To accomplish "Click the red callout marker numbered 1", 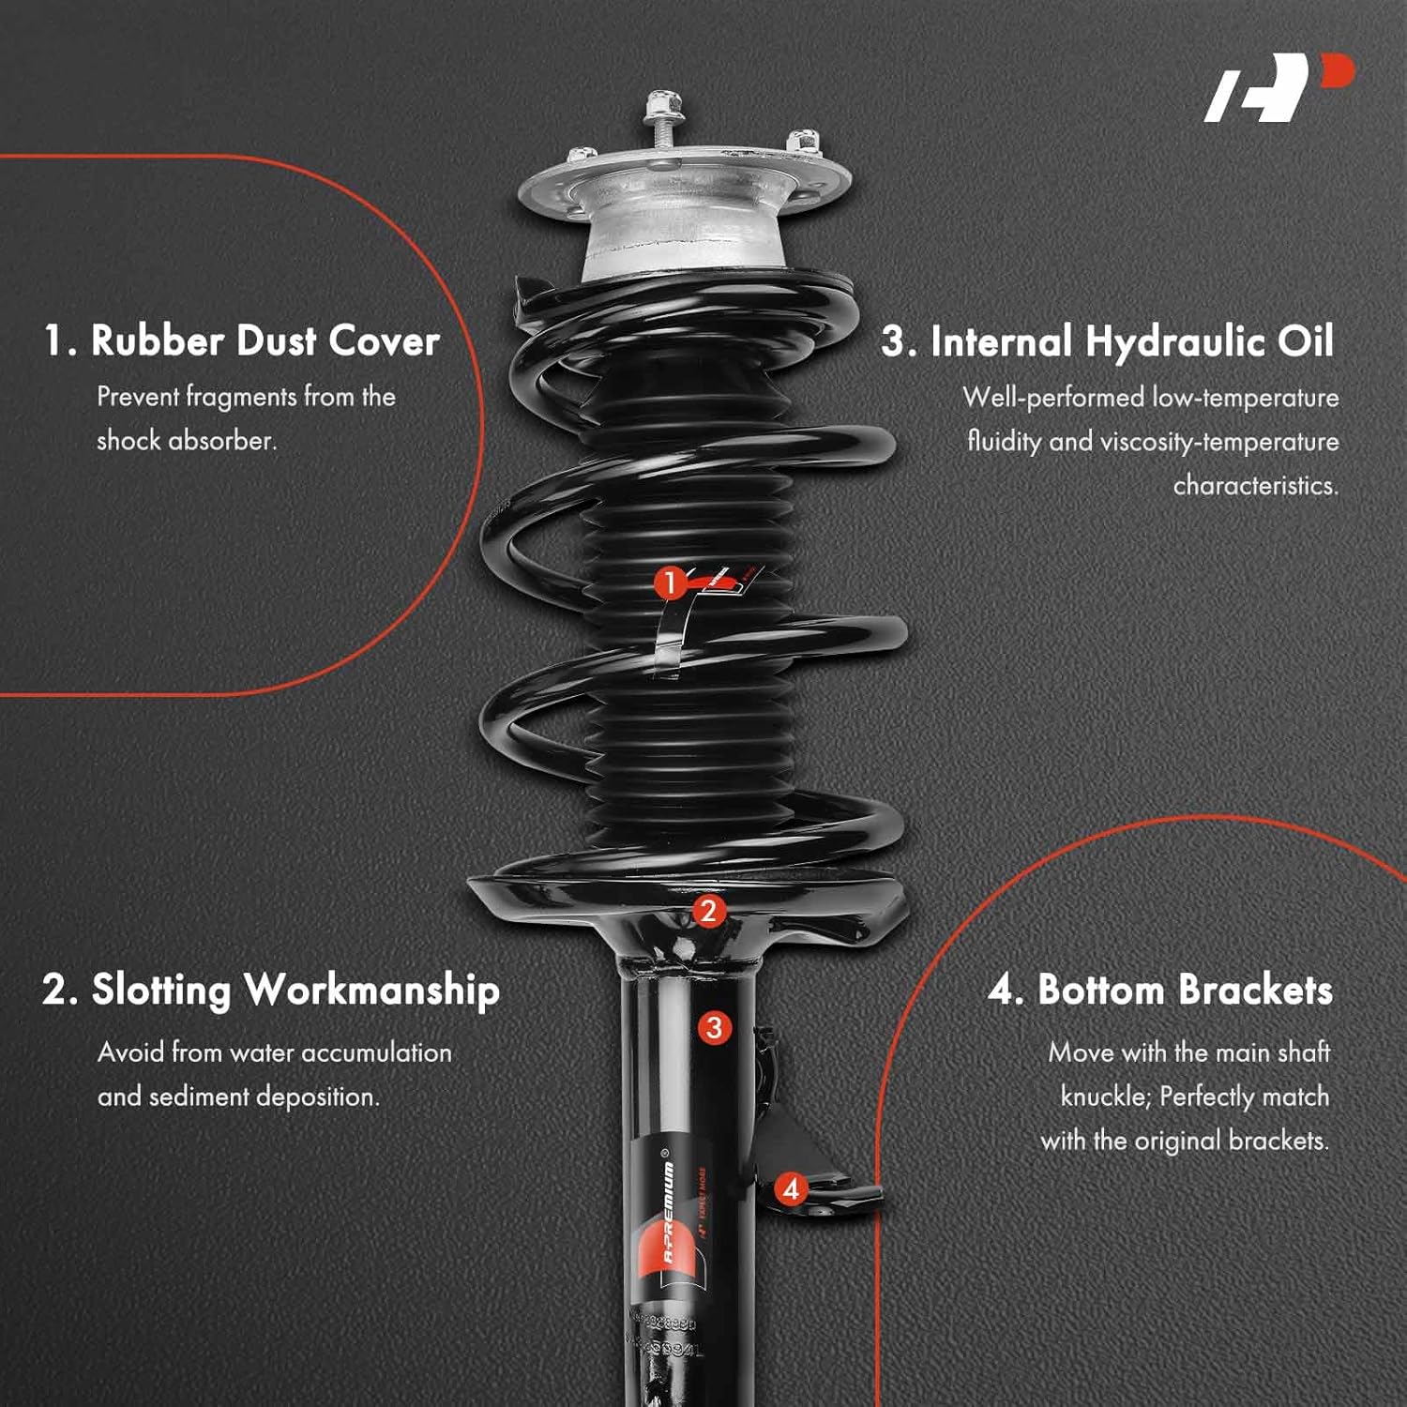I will click(x=669, y=583).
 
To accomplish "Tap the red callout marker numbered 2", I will click(x=708, y=911).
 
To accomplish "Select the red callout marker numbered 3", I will click(x=714, y=1027).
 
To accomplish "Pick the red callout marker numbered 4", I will click(x=791, y=1189).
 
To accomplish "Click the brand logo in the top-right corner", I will click(x=1278, y=88).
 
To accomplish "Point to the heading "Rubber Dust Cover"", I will click(x=241, y=340).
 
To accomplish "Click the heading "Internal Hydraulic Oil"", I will click(x=1107, y=341).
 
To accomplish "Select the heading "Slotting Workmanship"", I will click(x=270, y=991).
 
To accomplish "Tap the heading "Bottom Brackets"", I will click(x=1159, y=991).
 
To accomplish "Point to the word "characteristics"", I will click(x=1255, y=486).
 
